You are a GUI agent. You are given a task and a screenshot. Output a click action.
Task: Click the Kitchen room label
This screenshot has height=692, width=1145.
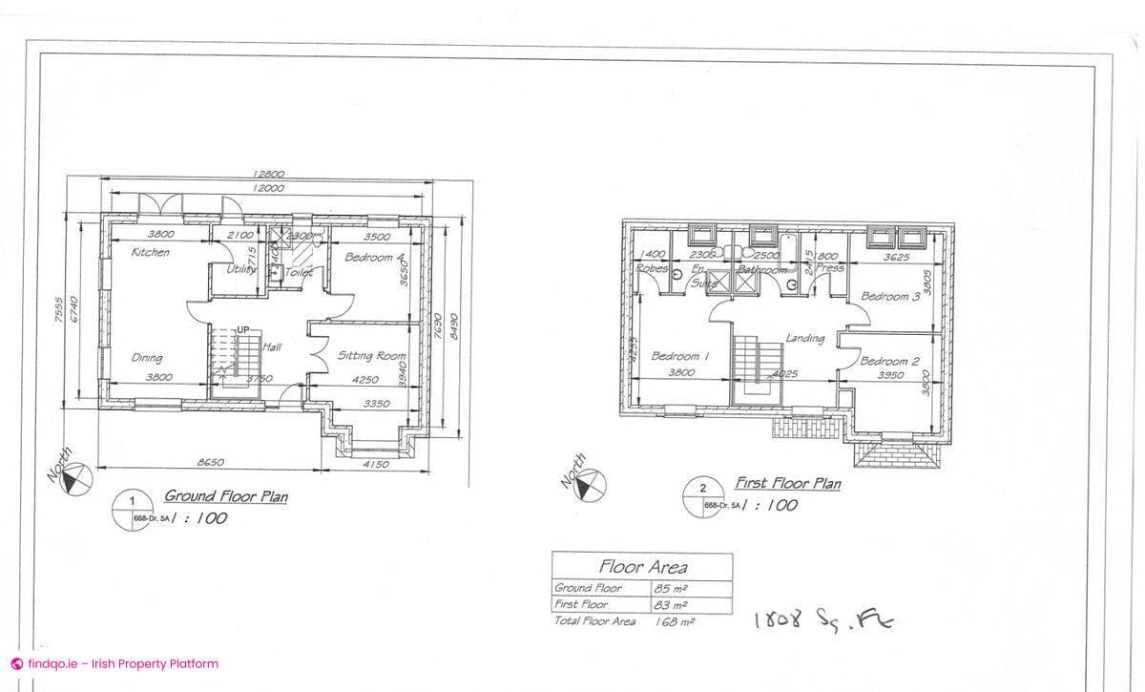point(151,253)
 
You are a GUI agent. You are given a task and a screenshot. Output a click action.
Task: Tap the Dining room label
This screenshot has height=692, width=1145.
point(146,358)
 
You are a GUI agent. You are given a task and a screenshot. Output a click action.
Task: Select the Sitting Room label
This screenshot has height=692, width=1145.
point(371,355)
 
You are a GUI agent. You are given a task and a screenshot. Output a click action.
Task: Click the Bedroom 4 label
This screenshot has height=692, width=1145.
point(375,258)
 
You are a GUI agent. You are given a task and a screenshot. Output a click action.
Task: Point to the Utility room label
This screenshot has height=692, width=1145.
point(241,271)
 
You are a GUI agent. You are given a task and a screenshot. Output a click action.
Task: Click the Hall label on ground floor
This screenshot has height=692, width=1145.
point(271,346)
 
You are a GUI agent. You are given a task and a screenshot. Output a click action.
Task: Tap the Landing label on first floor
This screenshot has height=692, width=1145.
point(805,338)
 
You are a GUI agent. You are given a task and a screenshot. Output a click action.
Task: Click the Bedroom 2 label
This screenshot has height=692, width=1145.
point(889,361)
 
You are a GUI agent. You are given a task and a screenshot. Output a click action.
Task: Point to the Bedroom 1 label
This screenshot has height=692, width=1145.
point(680,356)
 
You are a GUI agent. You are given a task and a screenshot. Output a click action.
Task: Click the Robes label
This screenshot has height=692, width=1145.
point(653,269)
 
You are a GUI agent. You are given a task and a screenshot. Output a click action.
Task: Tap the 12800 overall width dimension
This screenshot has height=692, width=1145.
point(268,175)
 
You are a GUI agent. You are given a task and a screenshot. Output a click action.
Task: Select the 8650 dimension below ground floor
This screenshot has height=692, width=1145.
point(210,462)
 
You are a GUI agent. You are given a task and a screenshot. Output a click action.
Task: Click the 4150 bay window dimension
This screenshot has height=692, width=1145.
point(377,465)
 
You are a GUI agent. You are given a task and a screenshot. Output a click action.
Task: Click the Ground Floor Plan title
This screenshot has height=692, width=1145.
point(226,496)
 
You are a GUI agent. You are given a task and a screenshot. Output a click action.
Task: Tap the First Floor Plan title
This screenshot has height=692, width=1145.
point(787,484)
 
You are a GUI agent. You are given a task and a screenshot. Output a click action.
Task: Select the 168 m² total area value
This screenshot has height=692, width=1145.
point(674,621)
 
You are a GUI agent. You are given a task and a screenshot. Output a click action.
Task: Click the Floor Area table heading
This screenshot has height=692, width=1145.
point(642,567)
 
